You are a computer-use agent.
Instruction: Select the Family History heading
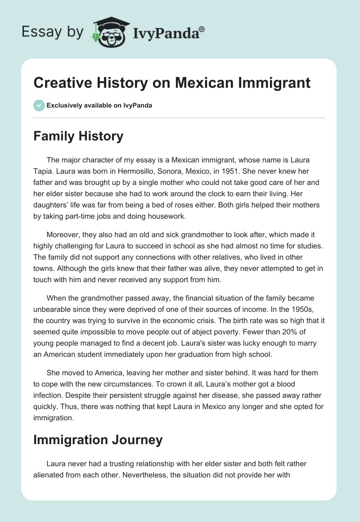78,136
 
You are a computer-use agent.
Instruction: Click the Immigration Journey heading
98,439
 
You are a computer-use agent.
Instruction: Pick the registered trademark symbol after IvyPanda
202,28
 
